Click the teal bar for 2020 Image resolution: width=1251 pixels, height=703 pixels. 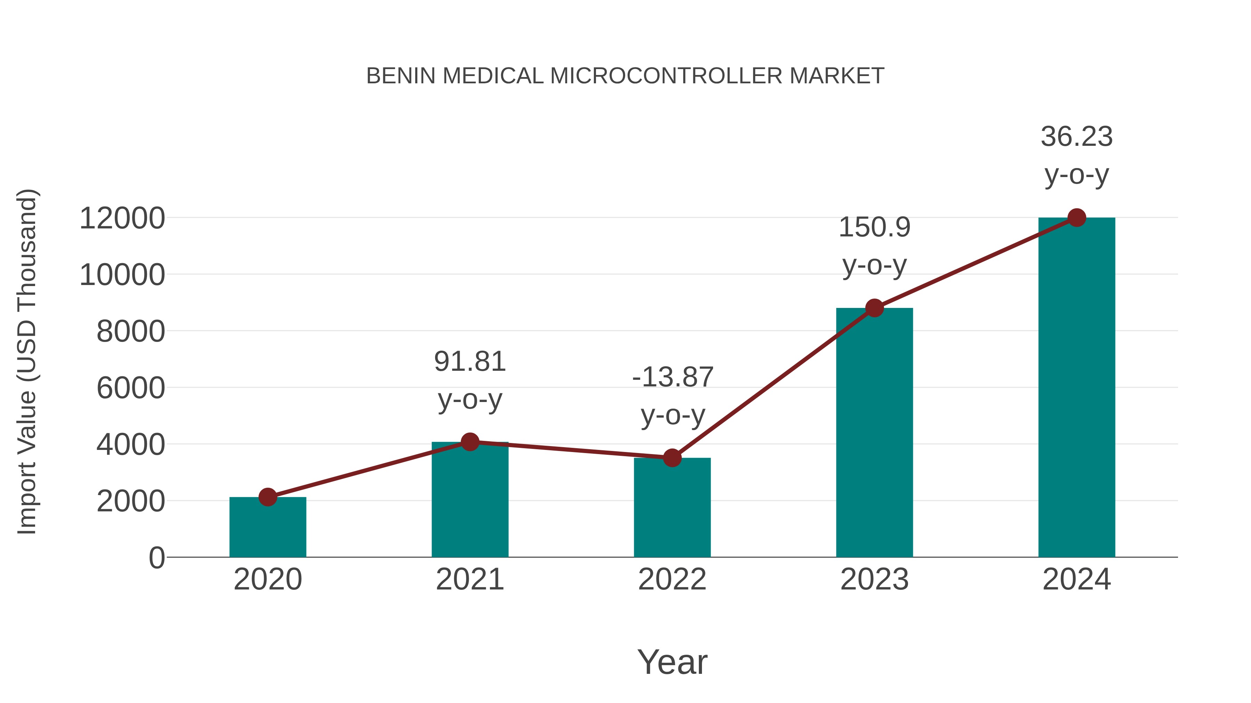coord(268,529)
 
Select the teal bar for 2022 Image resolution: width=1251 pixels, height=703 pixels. coord(672,509)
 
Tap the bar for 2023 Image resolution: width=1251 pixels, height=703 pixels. coord(874,437)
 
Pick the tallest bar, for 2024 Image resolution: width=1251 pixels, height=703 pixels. coord(1077,388)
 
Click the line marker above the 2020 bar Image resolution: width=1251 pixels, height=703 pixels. coord(268,497)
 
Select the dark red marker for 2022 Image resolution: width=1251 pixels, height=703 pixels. coord(672,458)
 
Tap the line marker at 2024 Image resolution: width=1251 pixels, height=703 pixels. coord(1077,218)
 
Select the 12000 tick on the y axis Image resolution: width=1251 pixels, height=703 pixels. coord(122,218)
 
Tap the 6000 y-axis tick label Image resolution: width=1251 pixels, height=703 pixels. coord(131,388)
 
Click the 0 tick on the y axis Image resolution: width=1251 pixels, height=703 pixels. coord(156,558)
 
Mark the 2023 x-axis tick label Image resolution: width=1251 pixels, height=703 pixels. coord(874,579)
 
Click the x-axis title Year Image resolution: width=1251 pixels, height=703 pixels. coord(672,662)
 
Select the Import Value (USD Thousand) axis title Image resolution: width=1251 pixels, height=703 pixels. coord(27,362)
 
